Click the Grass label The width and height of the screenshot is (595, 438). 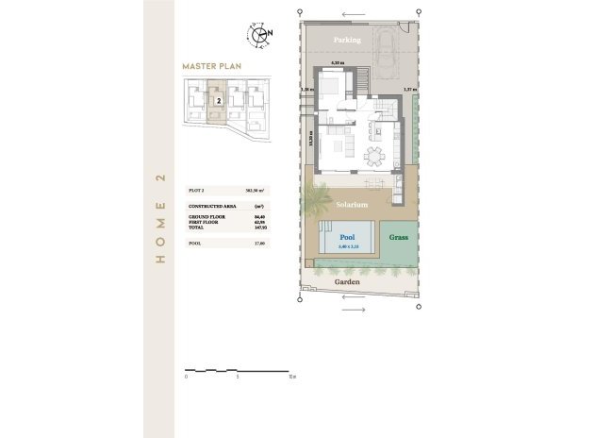pyautogui.click(x=399, y=238)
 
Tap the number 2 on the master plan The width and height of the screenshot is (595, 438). pyautogui.click(x=218, y=98)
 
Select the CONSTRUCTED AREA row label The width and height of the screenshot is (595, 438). pyautogui.click(x=208, y=205)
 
